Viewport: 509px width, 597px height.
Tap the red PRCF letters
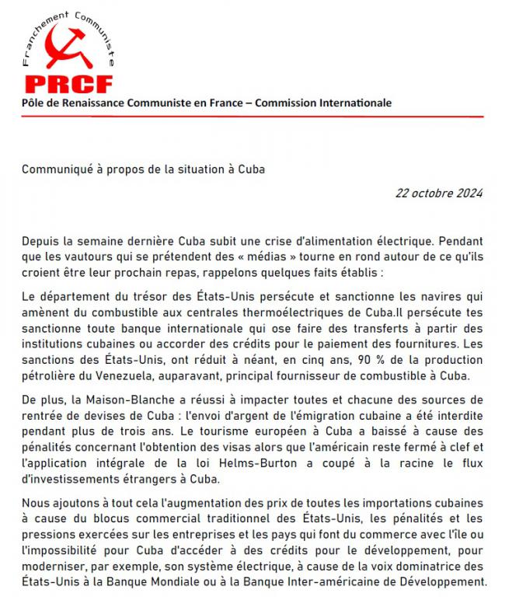pos(68,83)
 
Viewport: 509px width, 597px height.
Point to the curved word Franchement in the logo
pos(39,35)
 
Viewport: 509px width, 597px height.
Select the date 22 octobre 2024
pos(440,194)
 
